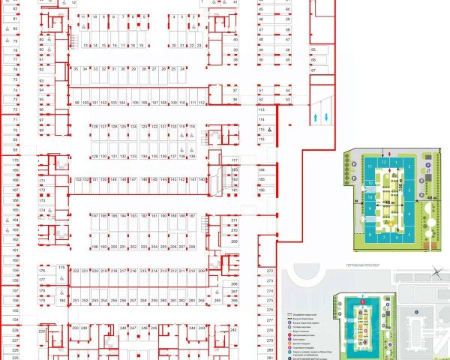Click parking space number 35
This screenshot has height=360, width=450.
[x=76, y=69]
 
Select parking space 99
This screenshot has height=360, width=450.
[x=76, y=102]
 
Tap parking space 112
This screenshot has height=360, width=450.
[x=202, y=102]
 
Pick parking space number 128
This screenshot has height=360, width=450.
[x=94, y=127]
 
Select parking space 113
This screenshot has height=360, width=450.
[x=262, y=109]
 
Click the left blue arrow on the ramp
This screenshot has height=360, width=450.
[x=317, y=117]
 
